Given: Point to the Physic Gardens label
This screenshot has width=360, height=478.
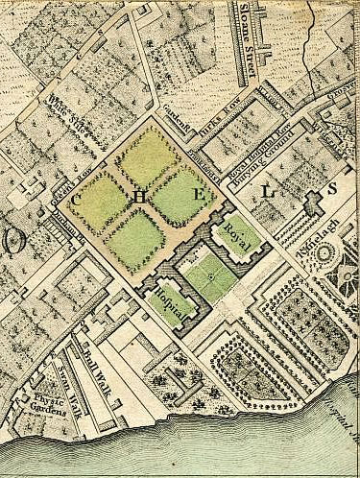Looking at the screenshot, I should click(36, 403).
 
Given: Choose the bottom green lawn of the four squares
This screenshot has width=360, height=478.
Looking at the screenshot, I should click(135, 239).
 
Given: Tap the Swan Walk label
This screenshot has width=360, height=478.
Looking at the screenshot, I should click(61, 374).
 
